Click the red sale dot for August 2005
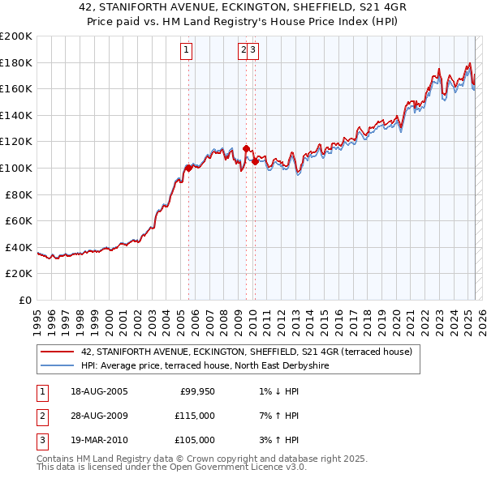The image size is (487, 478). pos(188,168)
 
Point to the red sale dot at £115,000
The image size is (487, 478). pos(246,148)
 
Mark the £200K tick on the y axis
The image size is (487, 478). pos(16,36)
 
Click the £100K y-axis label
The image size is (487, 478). pos(16,168)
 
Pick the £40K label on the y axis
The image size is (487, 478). pos(19,247)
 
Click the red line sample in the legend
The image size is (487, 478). pos(58,352)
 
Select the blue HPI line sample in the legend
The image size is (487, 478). pos(58,366)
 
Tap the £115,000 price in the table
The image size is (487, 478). pos(196,416)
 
